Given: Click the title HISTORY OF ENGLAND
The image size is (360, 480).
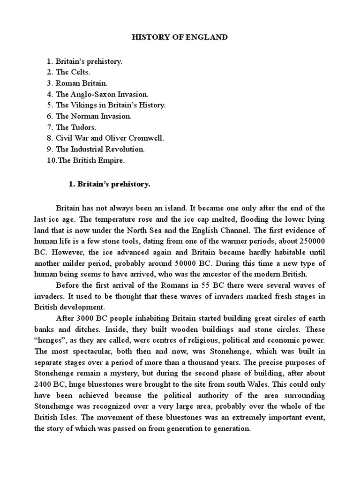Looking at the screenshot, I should (180, 37).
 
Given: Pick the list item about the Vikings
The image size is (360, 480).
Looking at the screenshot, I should (110, 105).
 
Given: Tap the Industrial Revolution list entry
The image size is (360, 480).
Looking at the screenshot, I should (100, 149).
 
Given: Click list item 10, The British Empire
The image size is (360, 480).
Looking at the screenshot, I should (91, 160).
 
